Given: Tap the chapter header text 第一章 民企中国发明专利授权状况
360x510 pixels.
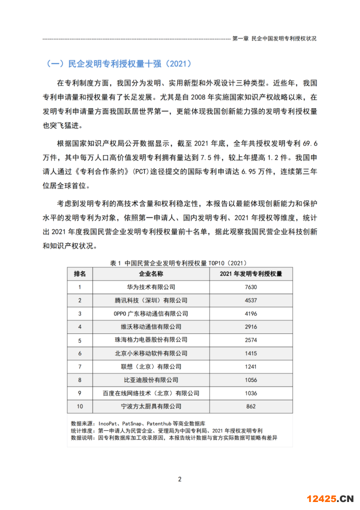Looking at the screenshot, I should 275,39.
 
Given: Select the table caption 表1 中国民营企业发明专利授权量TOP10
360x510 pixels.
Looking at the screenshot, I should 178,262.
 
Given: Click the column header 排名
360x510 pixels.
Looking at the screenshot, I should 79,274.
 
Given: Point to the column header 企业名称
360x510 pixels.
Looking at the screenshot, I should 151,274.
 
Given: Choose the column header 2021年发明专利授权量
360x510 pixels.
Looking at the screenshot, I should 251,274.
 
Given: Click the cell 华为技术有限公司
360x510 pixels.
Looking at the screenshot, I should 151,287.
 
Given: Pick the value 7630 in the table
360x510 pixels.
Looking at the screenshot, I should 251,287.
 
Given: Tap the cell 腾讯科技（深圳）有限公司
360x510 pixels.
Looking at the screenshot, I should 151,300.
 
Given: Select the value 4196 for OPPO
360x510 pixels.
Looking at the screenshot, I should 251,314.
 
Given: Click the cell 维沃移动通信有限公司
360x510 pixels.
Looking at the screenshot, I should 151,327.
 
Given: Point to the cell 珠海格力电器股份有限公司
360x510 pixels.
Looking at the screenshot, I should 151,340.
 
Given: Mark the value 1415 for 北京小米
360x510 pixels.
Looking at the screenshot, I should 251,353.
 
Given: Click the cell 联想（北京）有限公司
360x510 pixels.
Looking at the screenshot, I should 151,367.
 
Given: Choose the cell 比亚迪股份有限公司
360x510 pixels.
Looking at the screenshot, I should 151,380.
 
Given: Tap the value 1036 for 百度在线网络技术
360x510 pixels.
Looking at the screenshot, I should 251,393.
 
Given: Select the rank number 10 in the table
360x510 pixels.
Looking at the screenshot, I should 79,406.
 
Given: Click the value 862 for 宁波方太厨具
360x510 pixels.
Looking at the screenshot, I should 251,406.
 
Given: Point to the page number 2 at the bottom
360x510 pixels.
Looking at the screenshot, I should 180,479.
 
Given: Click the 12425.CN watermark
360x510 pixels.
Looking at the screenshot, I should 330,498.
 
